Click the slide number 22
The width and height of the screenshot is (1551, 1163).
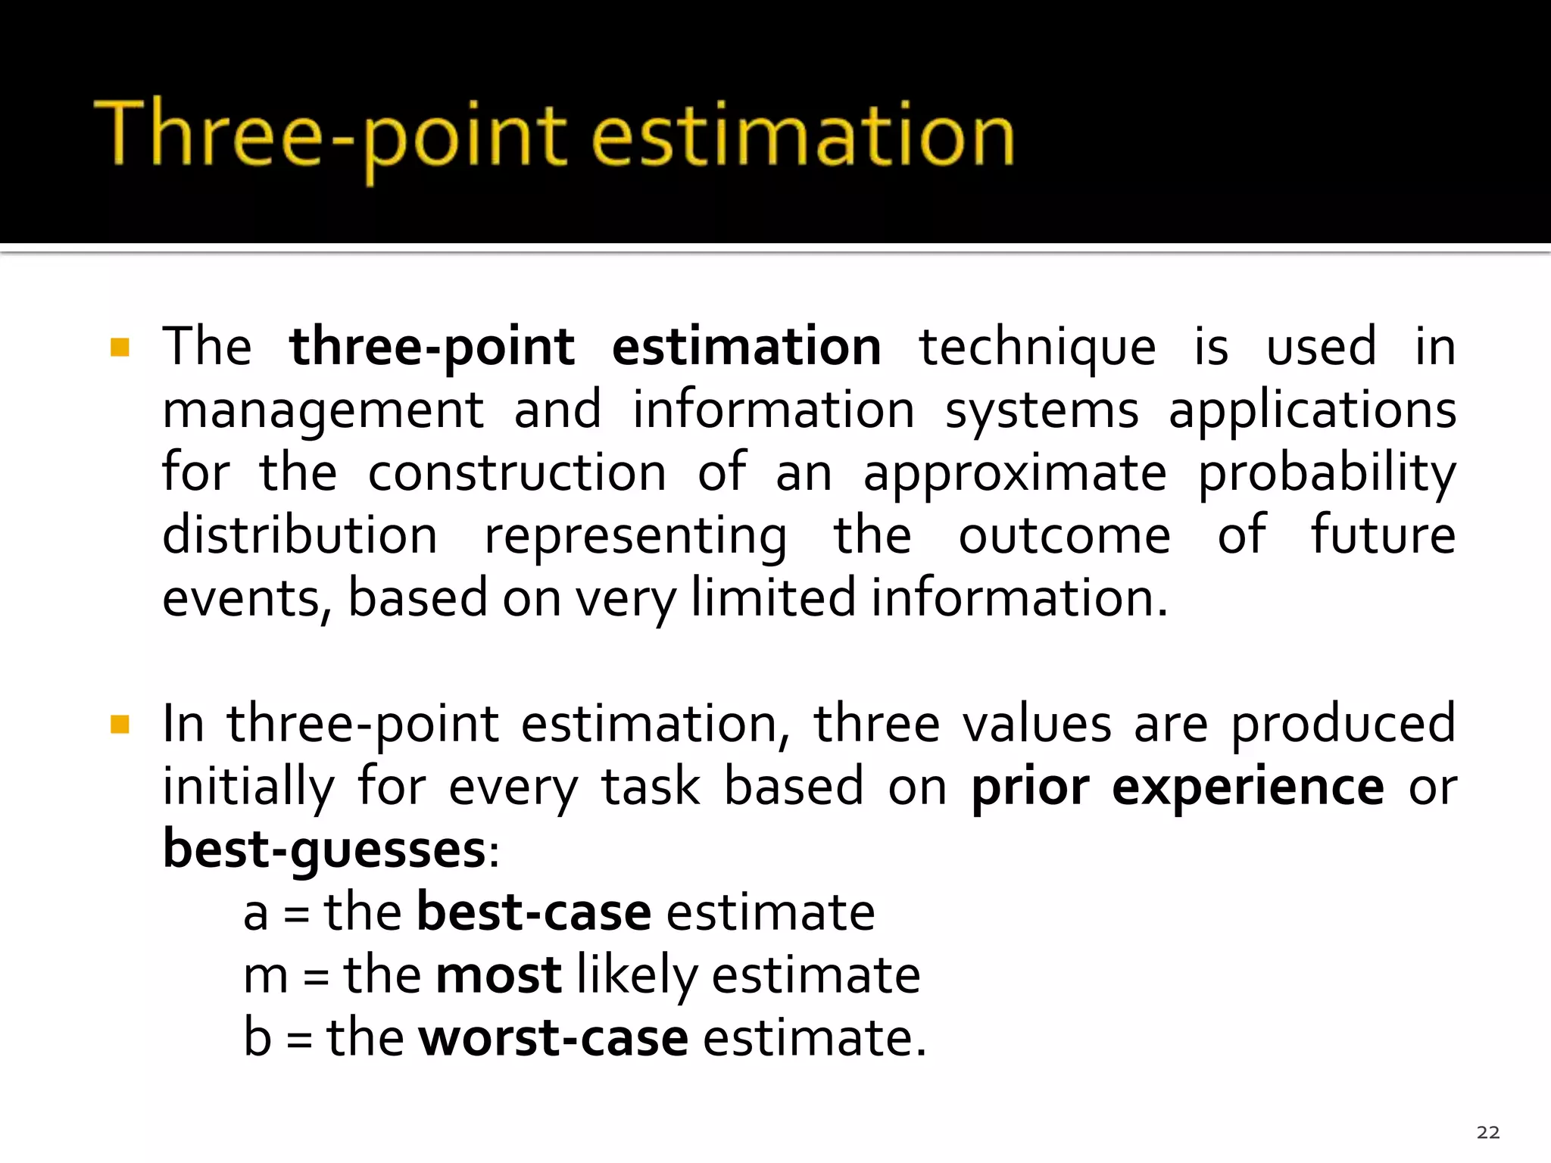(x=1487, y=1132)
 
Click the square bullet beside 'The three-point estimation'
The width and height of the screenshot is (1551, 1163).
(x=120, y=347)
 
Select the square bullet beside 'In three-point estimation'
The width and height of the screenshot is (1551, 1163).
(x=120, y=725)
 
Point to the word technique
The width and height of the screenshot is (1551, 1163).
(x=1037, y=347)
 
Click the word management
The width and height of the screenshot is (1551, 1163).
(x=323, y=411)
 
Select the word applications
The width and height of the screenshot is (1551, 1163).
(x=1312, y=411)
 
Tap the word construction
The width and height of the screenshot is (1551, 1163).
(x=516, y=473)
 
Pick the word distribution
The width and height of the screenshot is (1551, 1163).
(x=300, y=535)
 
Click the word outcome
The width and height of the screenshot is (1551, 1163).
(x=1064, y=536)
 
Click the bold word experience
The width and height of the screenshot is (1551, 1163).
(x=1247, y=788)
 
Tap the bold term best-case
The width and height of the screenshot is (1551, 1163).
(x=533, y=912)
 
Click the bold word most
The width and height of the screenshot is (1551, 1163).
(x=498, y=975)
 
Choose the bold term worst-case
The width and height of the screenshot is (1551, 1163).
(x=553, y=1038)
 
